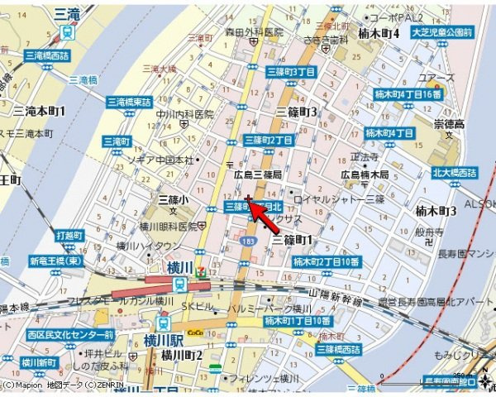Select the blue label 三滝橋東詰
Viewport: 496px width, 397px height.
[x=129, y=102]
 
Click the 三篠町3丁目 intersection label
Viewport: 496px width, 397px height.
[x=292, y=72]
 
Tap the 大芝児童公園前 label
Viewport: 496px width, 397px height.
[x=445, y=32]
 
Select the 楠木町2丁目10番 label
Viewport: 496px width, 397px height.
[x=327, y=261]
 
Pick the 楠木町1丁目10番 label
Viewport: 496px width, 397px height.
[x=298, y=320]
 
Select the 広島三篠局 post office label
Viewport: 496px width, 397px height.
[x=258, y=175]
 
